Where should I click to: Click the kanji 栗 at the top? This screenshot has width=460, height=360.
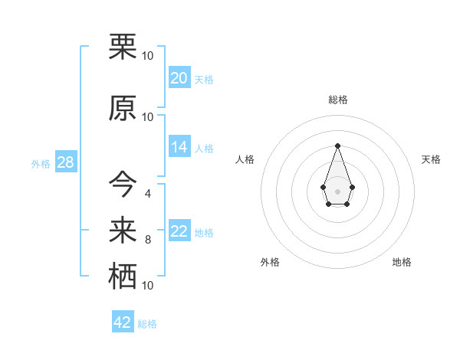pyautogui.click(x=123, y=47)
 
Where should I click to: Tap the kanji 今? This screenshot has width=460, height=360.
pyautogui.click(x=123, y=183)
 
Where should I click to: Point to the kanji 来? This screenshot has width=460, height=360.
pyautogui.click(x=123, y=227)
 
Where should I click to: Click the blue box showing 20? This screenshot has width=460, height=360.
pyautogui.click(x=179, y=77)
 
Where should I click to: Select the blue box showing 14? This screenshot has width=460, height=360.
pyautogui.click(x=179, y=147)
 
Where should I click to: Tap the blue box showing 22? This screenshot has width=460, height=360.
pyautogui.click(x=179, y=231)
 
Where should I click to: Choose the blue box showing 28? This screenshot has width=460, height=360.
pyautogui.click(x=65, y=163)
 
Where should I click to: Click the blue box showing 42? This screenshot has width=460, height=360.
pyautogui.click(x=122, y=322)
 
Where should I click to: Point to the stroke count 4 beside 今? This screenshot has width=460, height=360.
pyautogui.click(x=147, y=193)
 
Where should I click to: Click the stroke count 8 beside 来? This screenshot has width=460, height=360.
pyautogui.click(x=147, y=240)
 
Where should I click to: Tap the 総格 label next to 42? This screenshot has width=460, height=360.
pyautogui.click(x=147, y=324)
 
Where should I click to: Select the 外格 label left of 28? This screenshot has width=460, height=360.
pyautogui.click(x=41, y=164)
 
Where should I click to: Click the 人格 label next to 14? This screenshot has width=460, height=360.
pyautogui.click(x=203, y=149)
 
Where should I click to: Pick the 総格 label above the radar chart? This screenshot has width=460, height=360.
pyautogui.click(x=337, y=100)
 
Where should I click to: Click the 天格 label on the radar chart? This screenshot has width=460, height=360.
pyautogui.click(x=431, y=159)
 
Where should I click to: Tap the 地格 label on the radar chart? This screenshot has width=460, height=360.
pyautogui.click(x=402, y=263)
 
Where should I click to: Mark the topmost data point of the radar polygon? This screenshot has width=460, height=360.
pyautogui.click(x=337, y=146)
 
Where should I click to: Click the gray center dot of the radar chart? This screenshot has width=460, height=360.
pyautogui.click(x=337, y=191)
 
